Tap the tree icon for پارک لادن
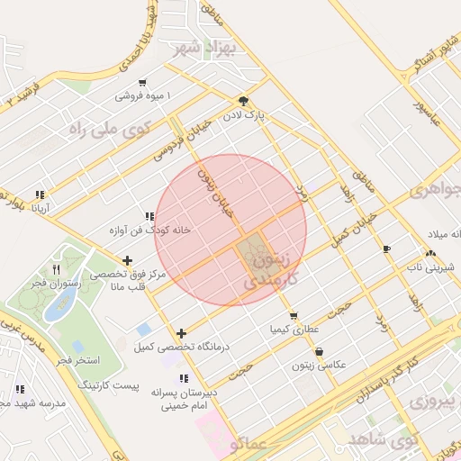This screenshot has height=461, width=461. tap(242, 101)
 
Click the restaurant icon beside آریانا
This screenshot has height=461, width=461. tap(40, 194)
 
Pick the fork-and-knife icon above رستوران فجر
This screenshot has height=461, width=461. tap(57, 269)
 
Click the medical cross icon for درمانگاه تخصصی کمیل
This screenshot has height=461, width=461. tap(182, 333)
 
